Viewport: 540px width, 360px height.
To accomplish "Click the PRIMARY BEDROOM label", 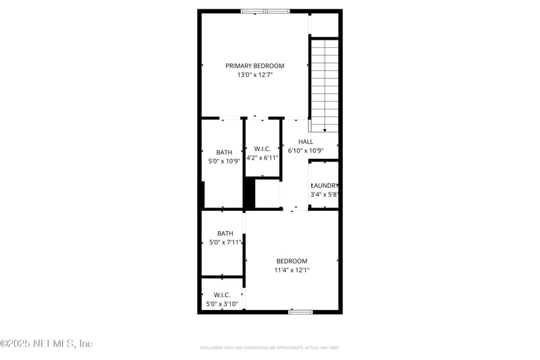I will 254,66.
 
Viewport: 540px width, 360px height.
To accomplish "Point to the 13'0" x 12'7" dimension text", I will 254,75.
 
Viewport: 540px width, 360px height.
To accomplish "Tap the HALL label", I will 306,142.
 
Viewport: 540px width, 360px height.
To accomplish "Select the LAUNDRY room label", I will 324,186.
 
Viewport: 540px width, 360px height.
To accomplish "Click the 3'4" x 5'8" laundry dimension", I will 324,195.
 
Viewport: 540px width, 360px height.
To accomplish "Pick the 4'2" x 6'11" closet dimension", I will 263,157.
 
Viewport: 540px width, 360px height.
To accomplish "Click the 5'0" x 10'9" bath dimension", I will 224,161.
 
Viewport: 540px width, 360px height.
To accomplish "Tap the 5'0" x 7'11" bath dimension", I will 225,242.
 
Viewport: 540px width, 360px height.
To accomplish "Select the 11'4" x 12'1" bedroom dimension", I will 292,269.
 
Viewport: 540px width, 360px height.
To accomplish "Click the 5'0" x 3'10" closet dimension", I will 222,304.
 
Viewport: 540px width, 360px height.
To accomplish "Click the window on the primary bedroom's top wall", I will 265,11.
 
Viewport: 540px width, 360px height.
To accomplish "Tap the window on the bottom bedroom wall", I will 300,311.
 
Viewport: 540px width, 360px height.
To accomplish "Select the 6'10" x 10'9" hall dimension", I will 306,151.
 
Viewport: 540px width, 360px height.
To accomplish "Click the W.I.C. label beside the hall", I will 263,149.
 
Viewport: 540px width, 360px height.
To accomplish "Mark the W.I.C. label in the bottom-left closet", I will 222,295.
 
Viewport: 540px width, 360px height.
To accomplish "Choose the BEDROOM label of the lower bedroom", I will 292,261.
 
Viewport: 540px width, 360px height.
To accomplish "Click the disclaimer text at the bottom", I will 269,347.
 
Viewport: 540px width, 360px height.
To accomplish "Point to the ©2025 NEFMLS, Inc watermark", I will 47,344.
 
